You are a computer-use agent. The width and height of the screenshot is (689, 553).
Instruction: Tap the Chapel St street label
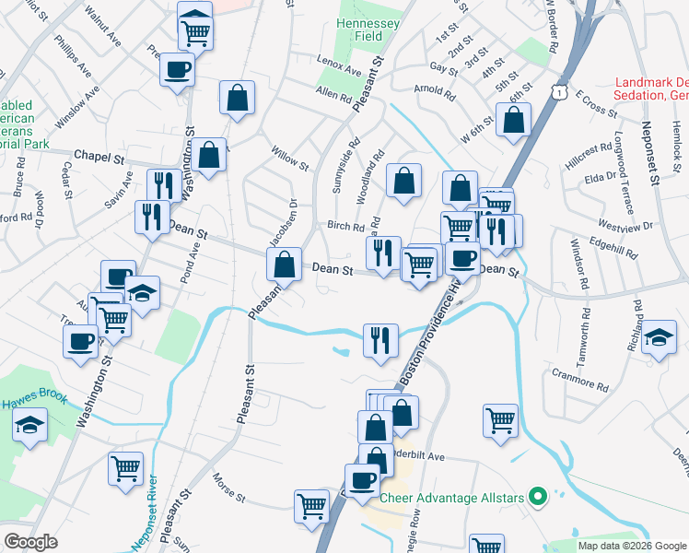pyautogui.click(x=99, y=158)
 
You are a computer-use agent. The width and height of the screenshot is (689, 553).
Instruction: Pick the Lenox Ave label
pyautogui.click(x=340, y=68)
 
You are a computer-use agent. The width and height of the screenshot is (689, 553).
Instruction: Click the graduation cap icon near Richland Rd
pyautogui.click(x=660, y=335)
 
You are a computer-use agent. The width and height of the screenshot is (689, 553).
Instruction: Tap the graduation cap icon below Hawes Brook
pyautogui.click(x=30, y=426)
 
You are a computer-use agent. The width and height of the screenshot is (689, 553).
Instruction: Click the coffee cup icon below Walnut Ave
pyautogui.click(x=177, y=69)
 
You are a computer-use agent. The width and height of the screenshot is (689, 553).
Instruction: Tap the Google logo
pyautogui.click(x=30, y=542)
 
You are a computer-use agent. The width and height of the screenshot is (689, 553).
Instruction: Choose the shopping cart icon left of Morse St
pyautogui.click(x=126, y=466)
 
